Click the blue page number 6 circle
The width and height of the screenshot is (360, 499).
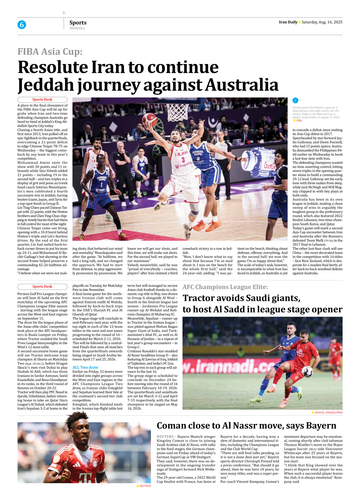[x=22, y=25]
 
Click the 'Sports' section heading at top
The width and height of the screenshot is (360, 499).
[x=78, y=22]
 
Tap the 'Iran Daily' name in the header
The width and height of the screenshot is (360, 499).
[x=288, y=22]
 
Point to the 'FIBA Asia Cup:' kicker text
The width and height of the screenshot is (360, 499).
[x=50, y=52]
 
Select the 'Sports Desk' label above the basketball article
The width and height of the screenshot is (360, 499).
[x=42, y=100]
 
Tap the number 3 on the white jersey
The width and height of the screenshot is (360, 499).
[x=183, y=160]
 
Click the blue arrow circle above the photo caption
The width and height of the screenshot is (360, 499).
[x=295, y=100]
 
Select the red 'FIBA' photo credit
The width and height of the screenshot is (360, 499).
[x=299, y=121]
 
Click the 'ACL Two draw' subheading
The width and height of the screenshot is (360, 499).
[x=85, y=367]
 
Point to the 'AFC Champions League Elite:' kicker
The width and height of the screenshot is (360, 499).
[x=225, y=287]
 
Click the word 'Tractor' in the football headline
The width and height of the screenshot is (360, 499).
[x=199, y=298]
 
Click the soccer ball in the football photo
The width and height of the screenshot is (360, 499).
[x=307, y=372]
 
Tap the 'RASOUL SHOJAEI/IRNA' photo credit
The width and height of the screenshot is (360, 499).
[x=329, y=412]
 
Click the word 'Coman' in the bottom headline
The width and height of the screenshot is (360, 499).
[x=172, y=426]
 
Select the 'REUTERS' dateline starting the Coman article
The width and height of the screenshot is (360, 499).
[x=165, y=437]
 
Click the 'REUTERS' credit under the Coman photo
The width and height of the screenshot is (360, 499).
[x=145, y=486]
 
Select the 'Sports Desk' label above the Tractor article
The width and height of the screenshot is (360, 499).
[x=42, y=287]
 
